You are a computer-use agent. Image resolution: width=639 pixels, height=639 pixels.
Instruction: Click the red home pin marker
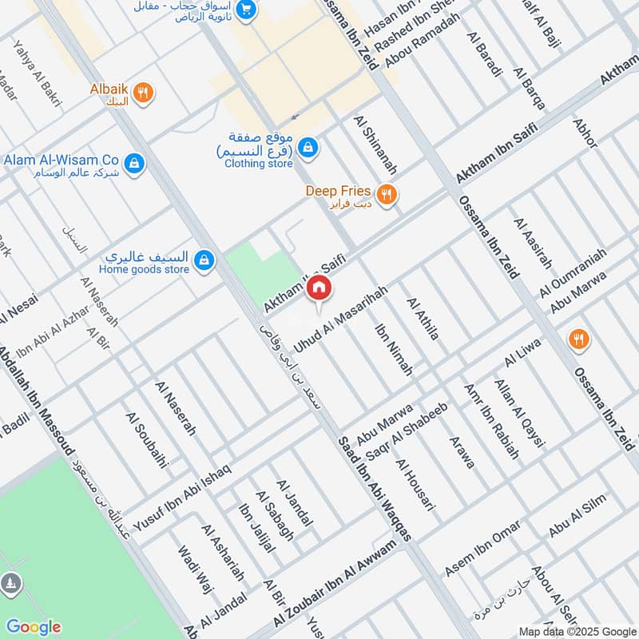click(x=319, y=288)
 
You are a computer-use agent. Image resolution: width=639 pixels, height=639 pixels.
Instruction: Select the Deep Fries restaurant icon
click(x=387, y=194)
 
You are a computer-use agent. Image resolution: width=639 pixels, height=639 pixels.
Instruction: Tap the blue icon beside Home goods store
click(x=204, y=260)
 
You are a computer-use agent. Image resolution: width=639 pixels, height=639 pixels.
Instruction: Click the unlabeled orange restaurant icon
click(x=579, y=339)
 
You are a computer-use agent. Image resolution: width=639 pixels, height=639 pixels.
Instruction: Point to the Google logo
click(x=33, y=627)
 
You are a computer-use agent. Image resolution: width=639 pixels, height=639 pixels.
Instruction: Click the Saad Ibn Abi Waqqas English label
click(x=374, y=489)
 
